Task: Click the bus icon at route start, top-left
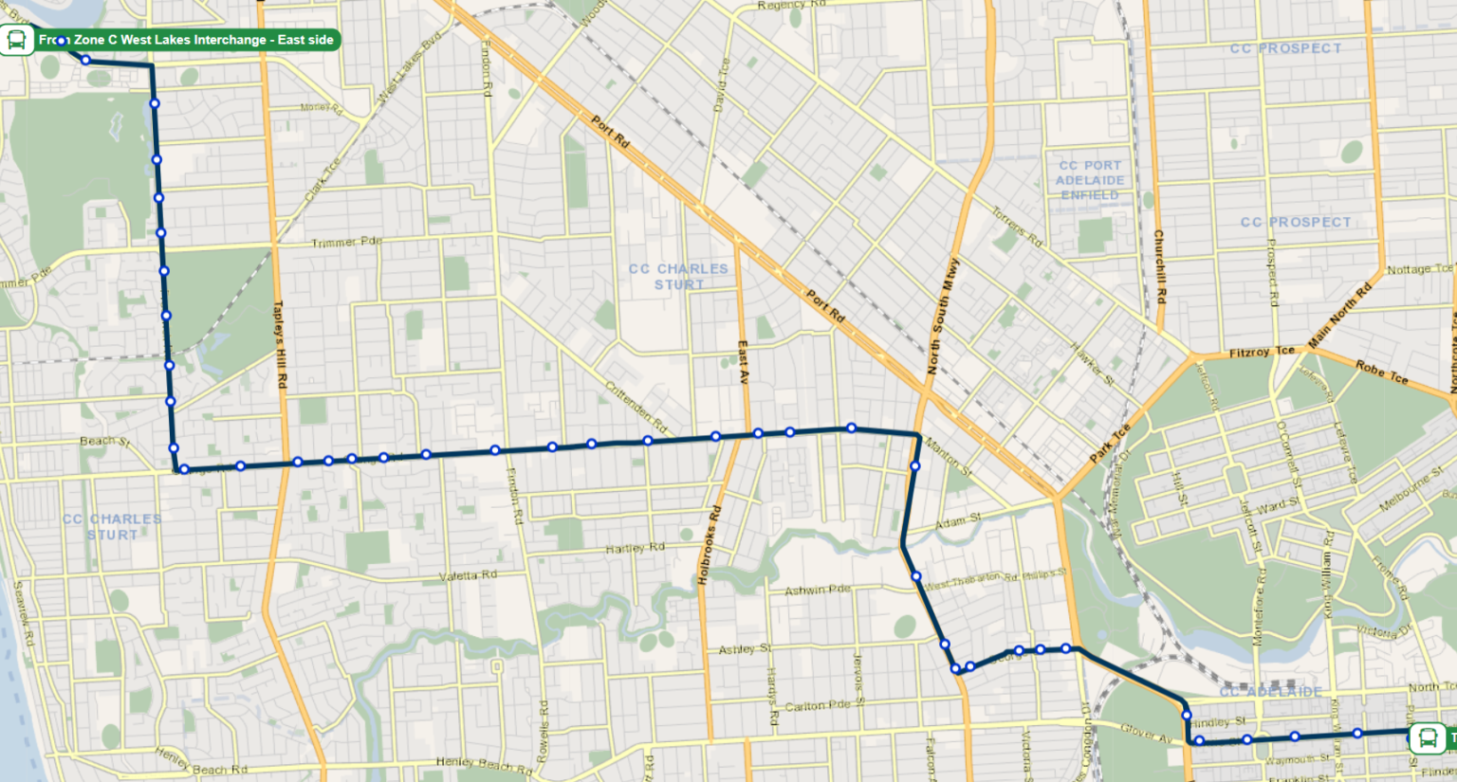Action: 16,40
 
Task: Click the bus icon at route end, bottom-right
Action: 1427,737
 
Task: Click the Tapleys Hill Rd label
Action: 280,344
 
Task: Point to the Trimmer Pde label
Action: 346,243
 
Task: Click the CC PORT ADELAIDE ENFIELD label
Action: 1090,180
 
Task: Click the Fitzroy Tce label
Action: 1262,353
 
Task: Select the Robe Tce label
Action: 1381,371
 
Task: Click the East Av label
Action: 743,362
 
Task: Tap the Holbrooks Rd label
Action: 708,545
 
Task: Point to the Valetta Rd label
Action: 468,576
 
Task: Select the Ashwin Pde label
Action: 817,590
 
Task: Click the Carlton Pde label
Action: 818,706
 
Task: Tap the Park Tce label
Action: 1110,444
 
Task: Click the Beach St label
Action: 104,441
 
